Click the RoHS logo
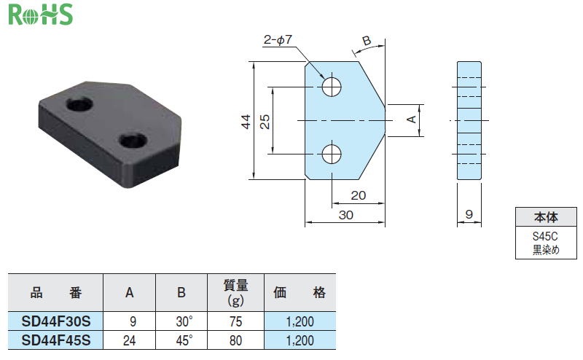[x=41, y=15]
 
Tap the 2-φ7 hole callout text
[x=278, y=39]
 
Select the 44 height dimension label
[x=246, y=122]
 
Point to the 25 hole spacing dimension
[x=265, y=122]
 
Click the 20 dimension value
[x=358, y=195]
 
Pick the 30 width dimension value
[x=345, y=215]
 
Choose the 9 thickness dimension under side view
[x=469, y=214]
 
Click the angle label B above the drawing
[x=367, y=40]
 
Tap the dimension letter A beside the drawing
[x=411, y=119]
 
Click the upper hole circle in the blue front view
[x=332, y=87]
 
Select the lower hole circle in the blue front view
[x=332, y=154]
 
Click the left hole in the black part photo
[x=80, y=103]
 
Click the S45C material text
[x=545, y=236]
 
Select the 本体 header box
[x=546, y=217]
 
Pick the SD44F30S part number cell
[x=56, y=321]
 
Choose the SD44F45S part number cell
[x=56, y=340]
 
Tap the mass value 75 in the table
[x=235, y=321]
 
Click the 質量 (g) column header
[x=235, y=293]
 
